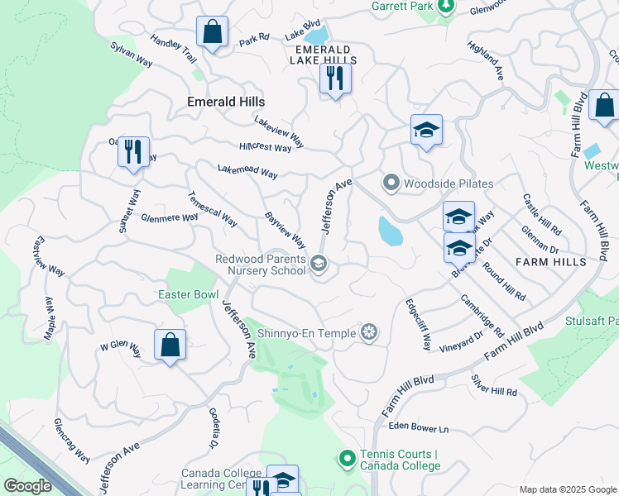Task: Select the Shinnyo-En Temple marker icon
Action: (x=370, y=332)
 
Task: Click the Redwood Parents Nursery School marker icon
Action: (x=319, y=265)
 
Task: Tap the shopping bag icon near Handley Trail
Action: (x=213, y=32)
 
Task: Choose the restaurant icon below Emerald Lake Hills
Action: (x=335, y=79)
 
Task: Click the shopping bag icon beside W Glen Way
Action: (x=170, y=345)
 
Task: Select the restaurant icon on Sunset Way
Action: (x=133, y=151)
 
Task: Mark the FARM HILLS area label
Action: (x=550, y=262)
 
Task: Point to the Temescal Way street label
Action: (x=213, y=212)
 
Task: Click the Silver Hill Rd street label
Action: (x=494, y=385)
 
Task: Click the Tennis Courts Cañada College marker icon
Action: (x=348, y=457)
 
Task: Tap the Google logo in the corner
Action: (x=26, y=485)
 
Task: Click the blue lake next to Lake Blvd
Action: (x=315, y=36)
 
